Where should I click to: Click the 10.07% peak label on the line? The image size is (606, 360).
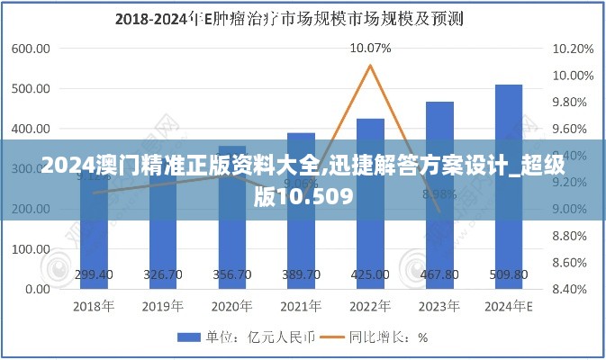370,49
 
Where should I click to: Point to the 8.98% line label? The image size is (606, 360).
439,193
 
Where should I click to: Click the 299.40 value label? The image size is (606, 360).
94,274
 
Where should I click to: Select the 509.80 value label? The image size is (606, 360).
509,274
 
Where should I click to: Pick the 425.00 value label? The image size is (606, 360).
370,274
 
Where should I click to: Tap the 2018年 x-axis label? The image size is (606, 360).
94,307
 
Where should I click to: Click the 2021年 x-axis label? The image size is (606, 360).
301,307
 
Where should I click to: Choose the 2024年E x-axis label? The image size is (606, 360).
509,307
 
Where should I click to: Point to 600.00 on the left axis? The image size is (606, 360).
32,49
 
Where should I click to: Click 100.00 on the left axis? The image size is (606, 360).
32,249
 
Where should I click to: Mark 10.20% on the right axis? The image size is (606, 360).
573,49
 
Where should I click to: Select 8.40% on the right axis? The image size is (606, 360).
573,290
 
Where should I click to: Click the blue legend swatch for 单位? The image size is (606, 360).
187,338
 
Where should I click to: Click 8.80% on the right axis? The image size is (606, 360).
573,236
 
